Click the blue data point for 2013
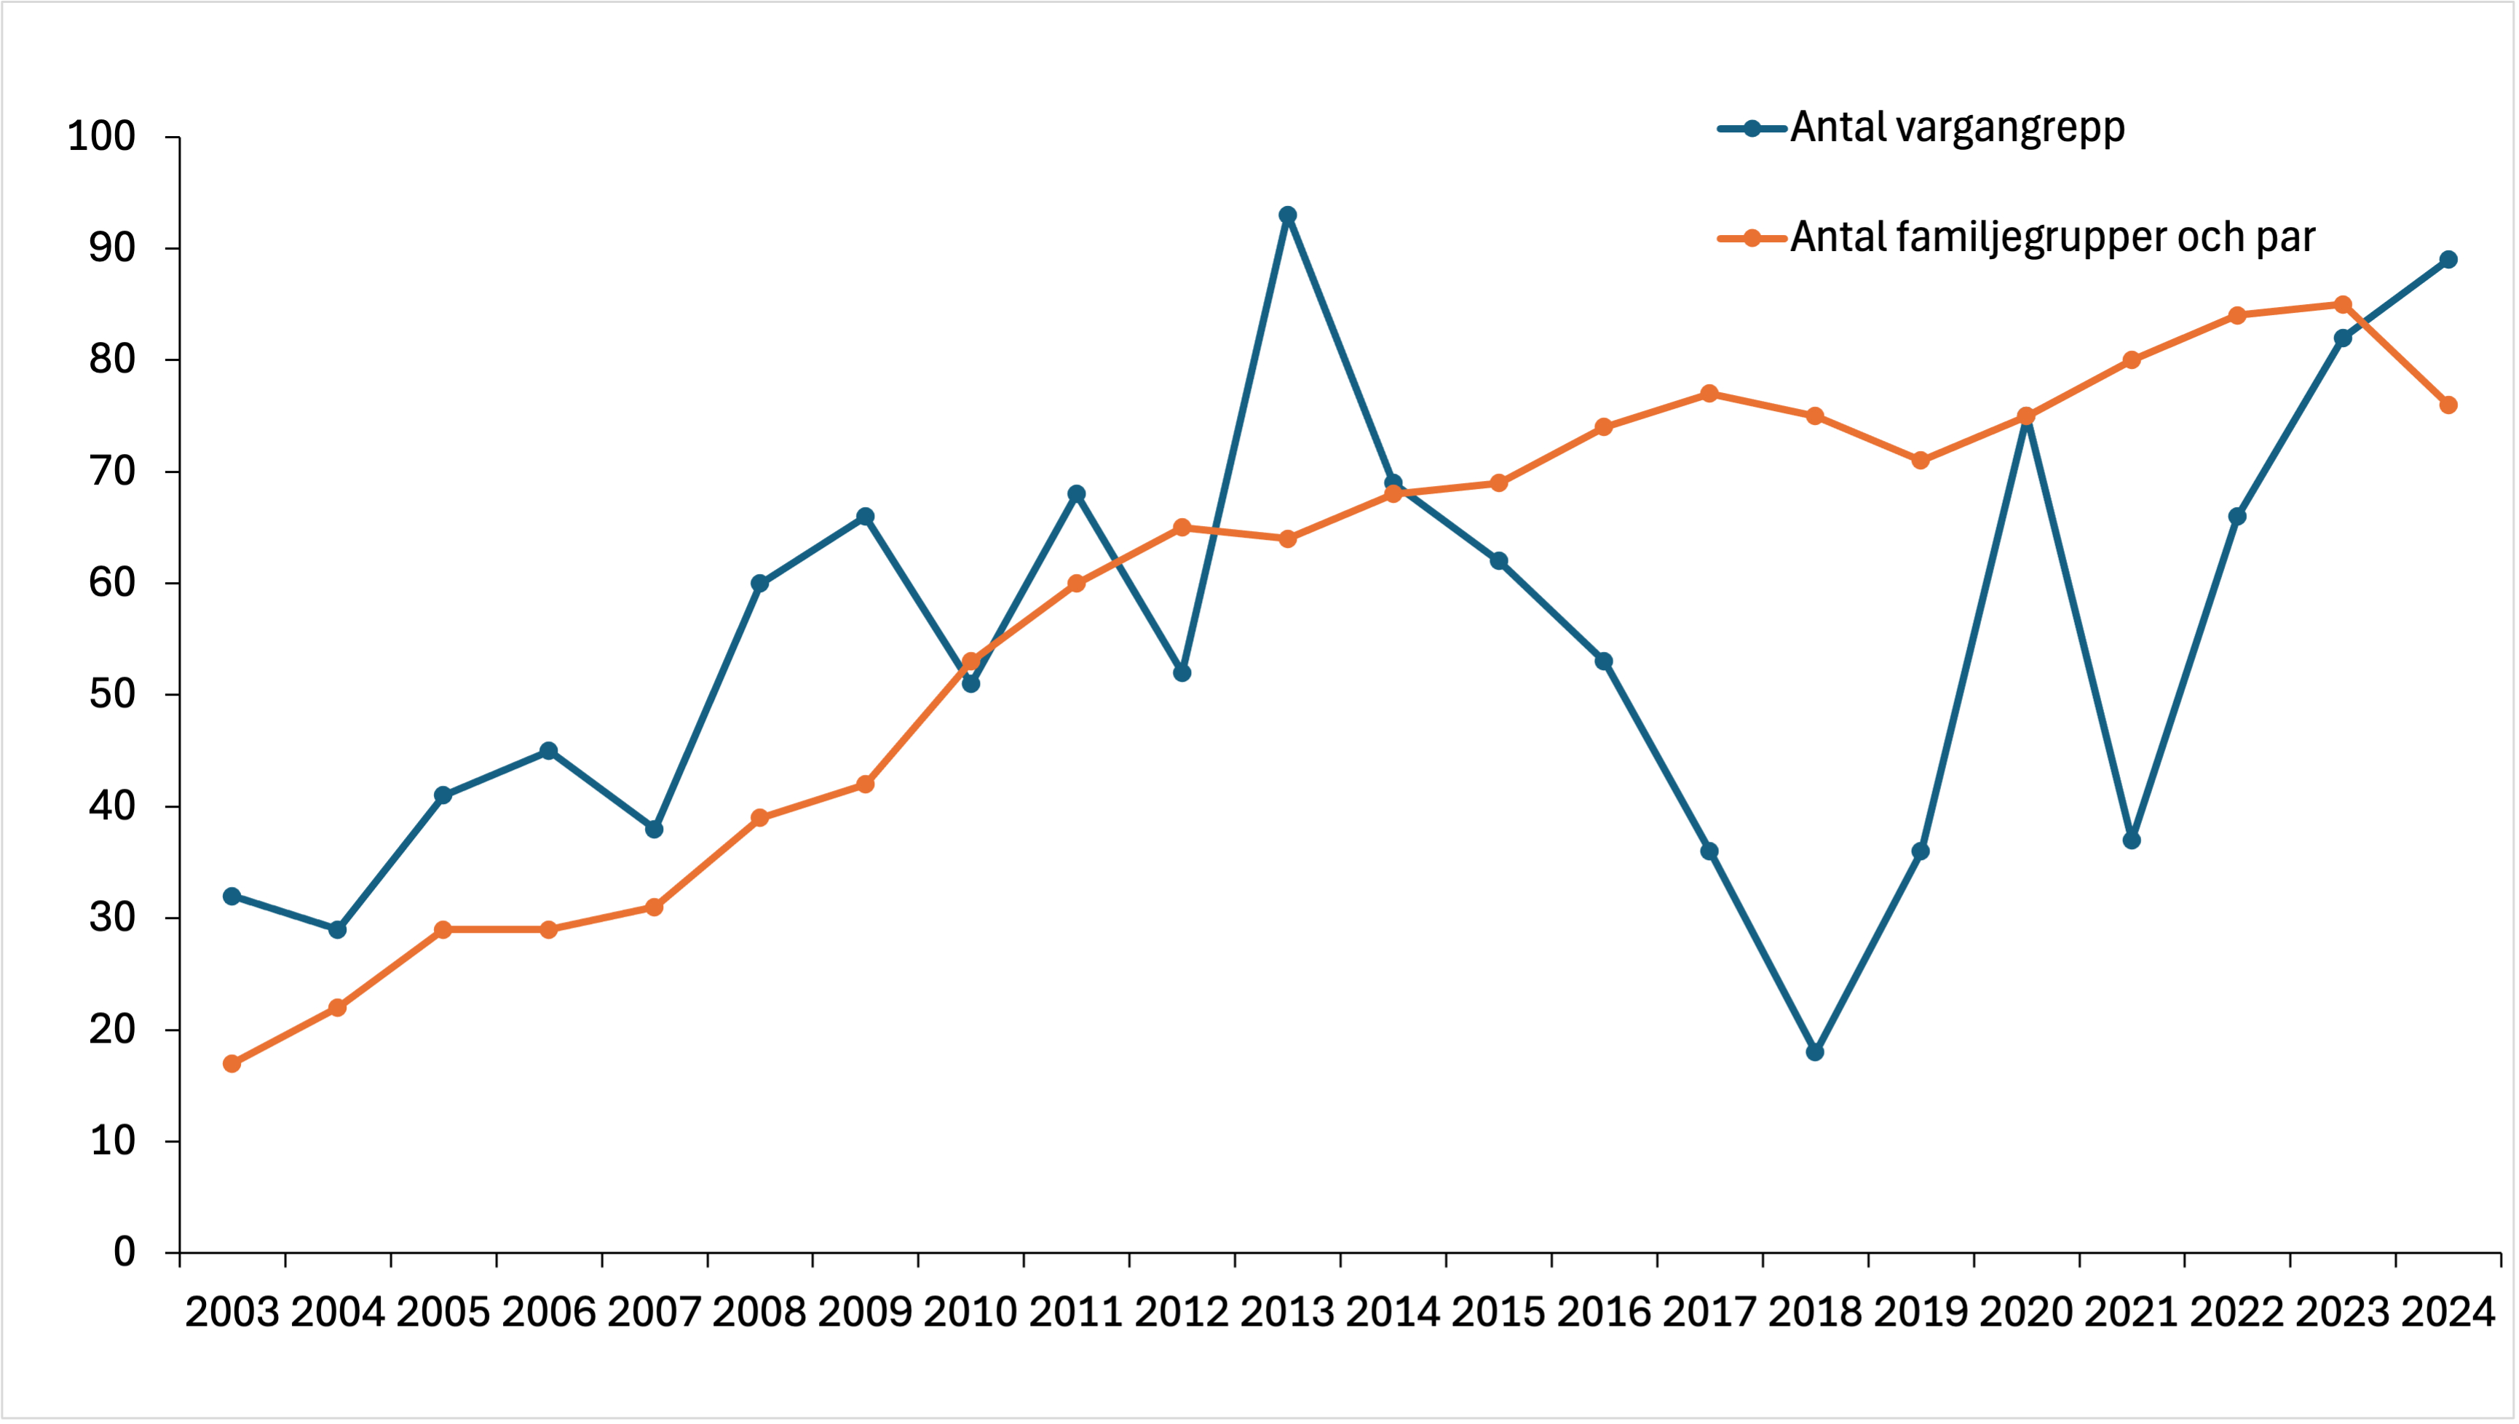coord(1287,215)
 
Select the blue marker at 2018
coord(1815,1052)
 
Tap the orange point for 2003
coord(232,1064)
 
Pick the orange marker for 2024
coord(2448,405)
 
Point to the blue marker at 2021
coord(2132,840)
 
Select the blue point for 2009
coord(865,517)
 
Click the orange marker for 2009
coord(865,784)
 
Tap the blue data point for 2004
coord(338,930)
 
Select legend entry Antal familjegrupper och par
coord(2052,238)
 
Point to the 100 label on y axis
coord(100,136)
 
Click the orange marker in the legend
coord(1752,238)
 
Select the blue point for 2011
coord(1076,494)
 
